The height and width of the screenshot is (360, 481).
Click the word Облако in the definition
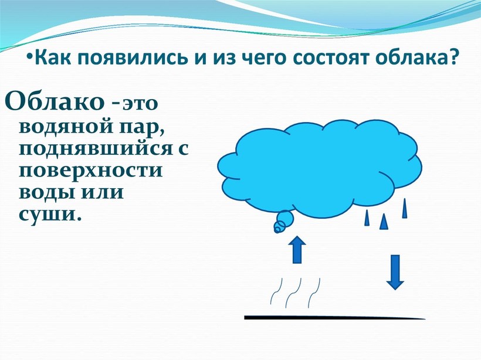tap(55, 101)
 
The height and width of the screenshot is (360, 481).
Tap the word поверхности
tap(90, 170)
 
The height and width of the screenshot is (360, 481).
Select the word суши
tap(50, 214)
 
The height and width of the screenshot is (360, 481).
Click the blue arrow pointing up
tap(297, 249)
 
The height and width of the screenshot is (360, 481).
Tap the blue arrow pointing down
tap(395, 272)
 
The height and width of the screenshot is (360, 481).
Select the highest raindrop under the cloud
tap(405, 208)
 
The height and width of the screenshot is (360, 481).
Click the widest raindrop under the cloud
tap(384, 222)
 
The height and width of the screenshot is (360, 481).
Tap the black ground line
tap(334, 317)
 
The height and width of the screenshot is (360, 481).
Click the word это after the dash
tap(140, 104)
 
